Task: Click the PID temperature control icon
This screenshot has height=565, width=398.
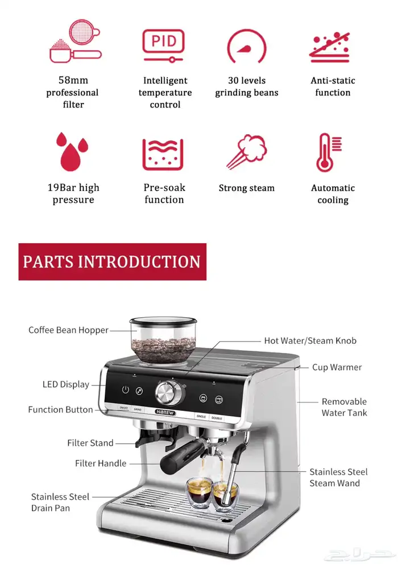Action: [x=164, y=45]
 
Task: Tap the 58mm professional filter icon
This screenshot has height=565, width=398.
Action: [x=76, y=41]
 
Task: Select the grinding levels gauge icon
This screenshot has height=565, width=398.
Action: [x=247, y=46]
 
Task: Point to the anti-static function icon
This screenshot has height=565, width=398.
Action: [x=330, y=47]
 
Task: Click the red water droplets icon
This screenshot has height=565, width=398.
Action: [x=72, y=152]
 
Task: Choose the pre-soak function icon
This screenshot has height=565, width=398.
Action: [x=163, y=154]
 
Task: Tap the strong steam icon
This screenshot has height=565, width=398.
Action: [x=247, y=151]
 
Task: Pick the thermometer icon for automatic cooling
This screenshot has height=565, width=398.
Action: [x=329, y=152]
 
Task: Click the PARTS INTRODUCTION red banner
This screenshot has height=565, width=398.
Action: [x=113, y=261]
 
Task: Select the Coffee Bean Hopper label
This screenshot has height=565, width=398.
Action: [x=68, y=330]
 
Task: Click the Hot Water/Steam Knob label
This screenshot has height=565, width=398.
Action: [x=310, y=340]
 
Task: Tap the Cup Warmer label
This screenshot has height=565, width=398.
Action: [x=337, y=367]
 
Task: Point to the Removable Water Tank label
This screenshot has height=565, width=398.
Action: [x=345, y=407]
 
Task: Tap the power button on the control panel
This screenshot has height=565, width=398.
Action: [x=126, y=389]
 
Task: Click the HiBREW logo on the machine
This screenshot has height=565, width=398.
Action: [x=165, y=412]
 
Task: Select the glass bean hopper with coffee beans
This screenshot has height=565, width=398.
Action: [x=163, y=340]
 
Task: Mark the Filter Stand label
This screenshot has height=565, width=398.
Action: [x=90, y=443]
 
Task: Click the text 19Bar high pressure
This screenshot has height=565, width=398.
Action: [x=73, y=193]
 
